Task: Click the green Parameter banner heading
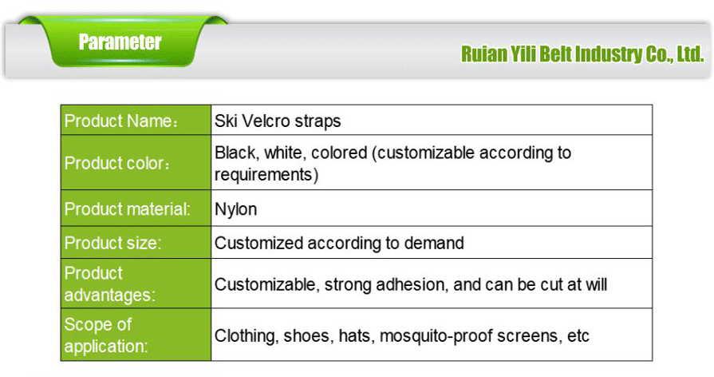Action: [x=120, y=42]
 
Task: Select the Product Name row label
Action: [x=120, y=121]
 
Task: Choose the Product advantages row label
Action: [x=109, y=284]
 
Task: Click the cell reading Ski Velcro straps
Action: [x=278, y=121]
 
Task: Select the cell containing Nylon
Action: [x=235, y=209]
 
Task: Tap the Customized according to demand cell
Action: [x=339, y=243]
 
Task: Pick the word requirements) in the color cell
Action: [x=266, y=174]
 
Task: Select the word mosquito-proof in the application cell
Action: [x=432, y=335]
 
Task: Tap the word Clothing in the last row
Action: [x=245, y=335]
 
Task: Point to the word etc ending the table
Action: [x=578, y=335]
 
